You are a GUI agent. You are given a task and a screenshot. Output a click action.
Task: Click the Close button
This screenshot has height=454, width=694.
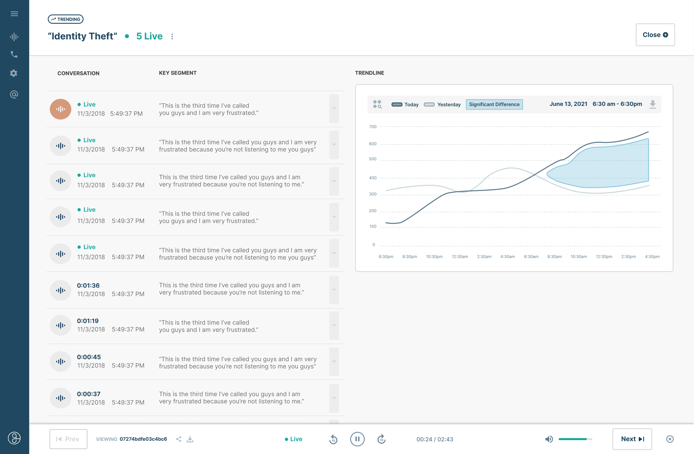point(655,35)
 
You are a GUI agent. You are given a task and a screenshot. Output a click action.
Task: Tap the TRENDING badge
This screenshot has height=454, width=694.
point(66,19)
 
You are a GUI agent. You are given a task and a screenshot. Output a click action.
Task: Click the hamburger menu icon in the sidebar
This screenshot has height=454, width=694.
point(14,14)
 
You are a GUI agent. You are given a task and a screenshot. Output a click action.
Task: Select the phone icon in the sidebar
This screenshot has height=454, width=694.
point(14,54)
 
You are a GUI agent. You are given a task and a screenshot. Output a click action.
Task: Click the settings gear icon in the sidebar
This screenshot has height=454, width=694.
point(14,73)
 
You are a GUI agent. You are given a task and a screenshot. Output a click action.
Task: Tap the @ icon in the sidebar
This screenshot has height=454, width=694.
point(14,94)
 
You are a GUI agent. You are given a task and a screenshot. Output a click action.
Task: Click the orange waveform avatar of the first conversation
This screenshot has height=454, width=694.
point(60,109)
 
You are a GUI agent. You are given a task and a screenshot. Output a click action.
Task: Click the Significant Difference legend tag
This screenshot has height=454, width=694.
point(494,104)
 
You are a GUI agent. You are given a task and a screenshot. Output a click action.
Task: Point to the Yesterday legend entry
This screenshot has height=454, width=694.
point(442,104)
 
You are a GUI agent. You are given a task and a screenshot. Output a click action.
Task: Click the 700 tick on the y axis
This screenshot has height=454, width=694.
point(373,127)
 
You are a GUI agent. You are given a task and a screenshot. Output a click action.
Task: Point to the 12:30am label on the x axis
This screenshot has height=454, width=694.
point(459,257)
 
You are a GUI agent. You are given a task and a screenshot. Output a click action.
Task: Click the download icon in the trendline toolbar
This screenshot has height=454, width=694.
point(653,104)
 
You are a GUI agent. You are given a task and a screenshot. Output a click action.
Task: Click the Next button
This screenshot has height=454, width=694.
point(632,439)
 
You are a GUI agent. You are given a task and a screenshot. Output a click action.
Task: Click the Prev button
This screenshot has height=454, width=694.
point(68,439)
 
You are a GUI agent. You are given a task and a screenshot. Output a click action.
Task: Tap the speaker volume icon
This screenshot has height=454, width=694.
point(549,439)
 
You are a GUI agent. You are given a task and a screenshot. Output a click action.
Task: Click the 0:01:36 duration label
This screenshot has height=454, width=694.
point(88,285)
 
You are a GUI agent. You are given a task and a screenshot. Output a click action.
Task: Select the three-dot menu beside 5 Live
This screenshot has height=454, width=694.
point(172,36)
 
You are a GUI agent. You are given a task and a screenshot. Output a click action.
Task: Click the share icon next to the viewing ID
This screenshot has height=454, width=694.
point(179,439)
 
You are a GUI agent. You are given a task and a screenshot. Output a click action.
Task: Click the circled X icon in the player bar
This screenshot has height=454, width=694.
point(670,439)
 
